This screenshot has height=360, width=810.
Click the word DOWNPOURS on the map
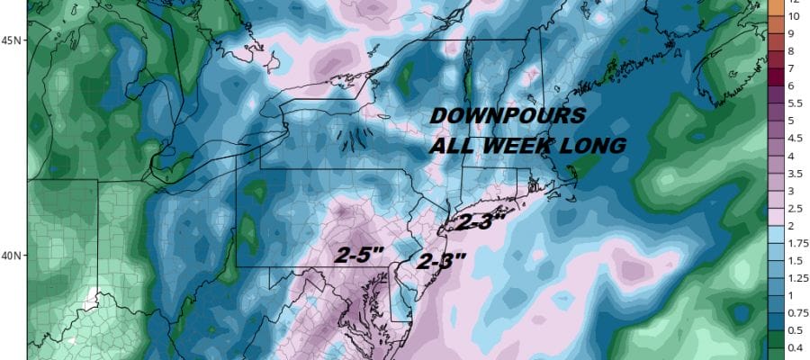tap(508, 116)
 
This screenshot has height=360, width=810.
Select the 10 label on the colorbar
tap(795, 16)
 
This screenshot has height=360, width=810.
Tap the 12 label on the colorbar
tap(795, 2)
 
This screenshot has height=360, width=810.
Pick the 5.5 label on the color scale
tap(795, 103)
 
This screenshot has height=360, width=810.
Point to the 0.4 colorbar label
tap(795, 346)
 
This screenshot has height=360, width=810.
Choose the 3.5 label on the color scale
tap(795, 173)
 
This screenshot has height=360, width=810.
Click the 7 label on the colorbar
tap(795, 68)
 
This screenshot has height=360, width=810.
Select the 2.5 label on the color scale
tap(795, 208)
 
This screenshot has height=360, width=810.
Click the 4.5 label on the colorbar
tap(795, 139)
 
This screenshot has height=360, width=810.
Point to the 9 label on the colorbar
tap(795, 34)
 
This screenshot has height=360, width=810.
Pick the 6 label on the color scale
tap(795, 85)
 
